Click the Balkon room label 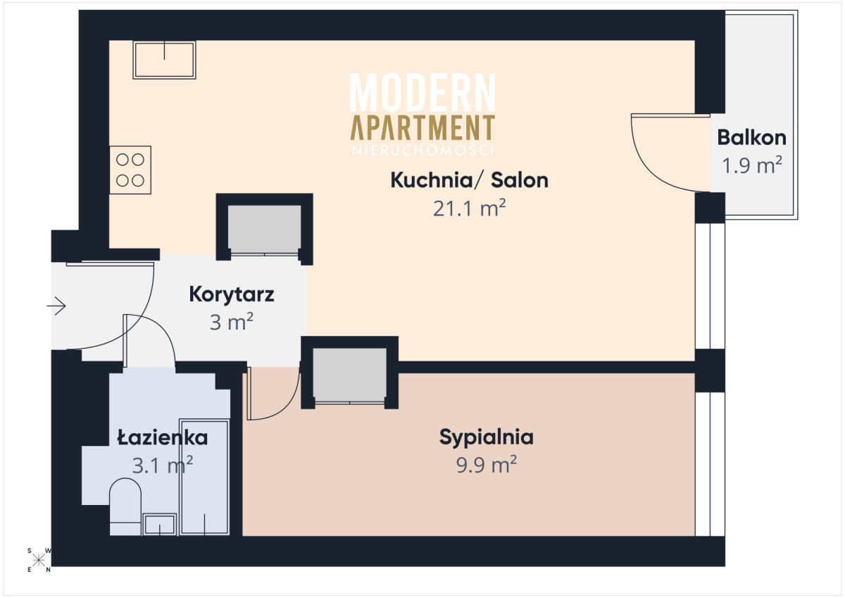pyautogui.click(x=751, y=138)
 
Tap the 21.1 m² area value pyautogui.click(x=469, y=208)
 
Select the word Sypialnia pyautogui.click(x=487, y=437)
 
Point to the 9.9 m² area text pyautogui.click(x=487, y=464)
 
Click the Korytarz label pyautogui.click(x=231, y=294)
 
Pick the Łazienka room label pyautogui.click(x=163, y=437)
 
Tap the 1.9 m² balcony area pyautogui.click(x=751, y=166)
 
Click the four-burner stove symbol pyautogui.click(x=130, y=170)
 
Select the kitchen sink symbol pyautogui.click(x=164, y=60)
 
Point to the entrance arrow pyautogui.click(x=56, y=306)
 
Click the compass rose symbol pyautogui.click(x=39, y=561)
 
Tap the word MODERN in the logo pyautogui.click(x=423, y=92)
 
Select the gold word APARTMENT pyautogui.click(x=423, y=127)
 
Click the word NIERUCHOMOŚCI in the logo pyautogui.click(x=423, y=151)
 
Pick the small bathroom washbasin pyautogui.click(x=160, y=525)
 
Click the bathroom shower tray pyautogui.click(x=204, y=477)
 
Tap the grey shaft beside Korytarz pyautogui.click(x=265, y=230)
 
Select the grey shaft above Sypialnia pyautogui.click(x=350, y=375)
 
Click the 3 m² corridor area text pyautogui.click(x=231, y=323)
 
